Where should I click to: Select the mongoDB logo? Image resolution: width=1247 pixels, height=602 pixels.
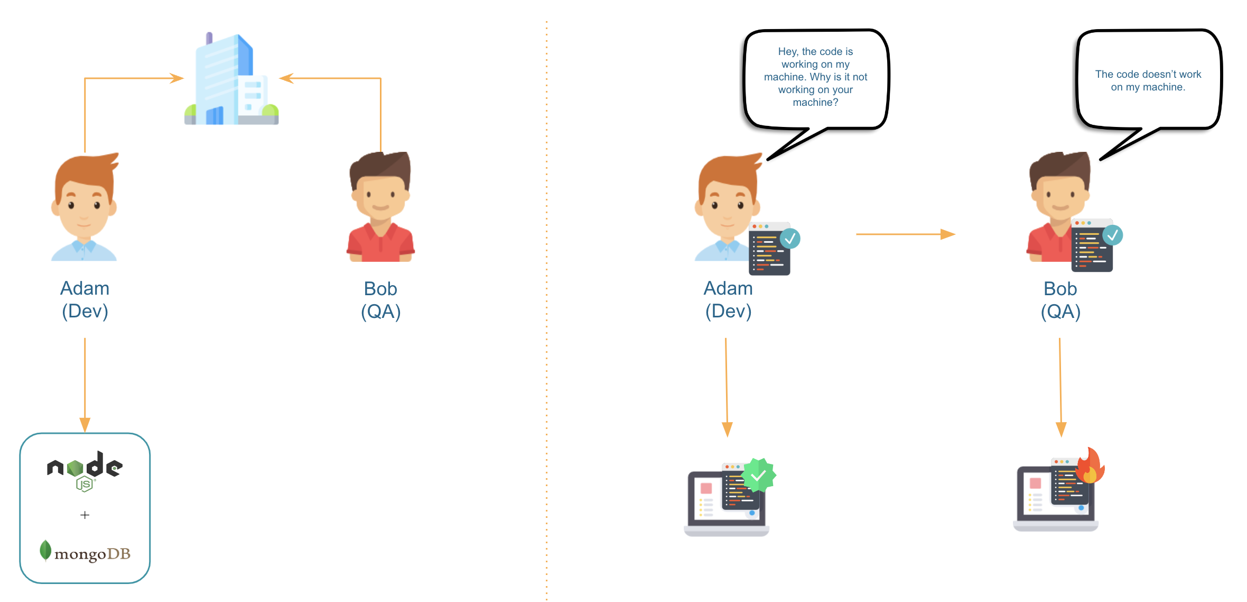tap(85, 552)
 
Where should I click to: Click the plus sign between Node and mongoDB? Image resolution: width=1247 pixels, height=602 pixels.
tap(85, 515)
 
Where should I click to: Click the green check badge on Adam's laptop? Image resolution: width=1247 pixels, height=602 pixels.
tap(759, 475)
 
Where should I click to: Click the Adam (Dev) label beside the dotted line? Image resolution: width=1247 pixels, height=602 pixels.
tap(728, 299)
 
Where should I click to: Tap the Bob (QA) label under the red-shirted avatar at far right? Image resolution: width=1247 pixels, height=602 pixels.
tap(1060, 300)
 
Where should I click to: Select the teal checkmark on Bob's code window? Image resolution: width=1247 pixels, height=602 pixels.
tap(1112, 235)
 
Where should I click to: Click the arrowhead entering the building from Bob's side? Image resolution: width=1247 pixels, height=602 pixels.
tap(286, 78)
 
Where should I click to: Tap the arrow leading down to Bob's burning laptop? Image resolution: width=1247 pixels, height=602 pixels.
tap(1060, 386)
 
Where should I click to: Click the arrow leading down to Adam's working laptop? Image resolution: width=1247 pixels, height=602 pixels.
tap(727, 386)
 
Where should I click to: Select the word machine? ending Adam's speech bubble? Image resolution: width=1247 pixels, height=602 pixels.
tap(815, 103)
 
